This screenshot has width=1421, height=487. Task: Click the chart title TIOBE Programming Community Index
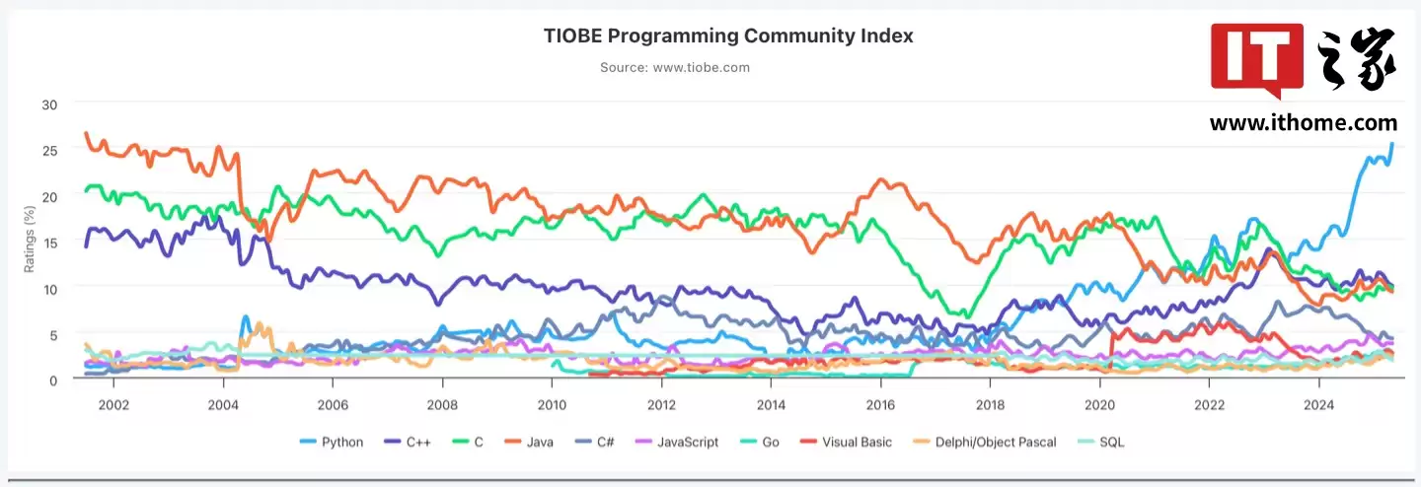coord(728,35)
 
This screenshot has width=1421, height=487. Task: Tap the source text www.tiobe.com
coord(675,67)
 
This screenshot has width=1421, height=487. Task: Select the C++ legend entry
coord(416,442)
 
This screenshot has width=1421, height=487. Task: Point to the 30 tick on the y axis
coord(49,104)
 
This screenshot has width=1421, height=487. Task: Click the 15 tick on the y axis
coord(49,242)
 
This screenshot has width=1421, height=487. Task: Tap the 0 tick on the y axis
coord(53,380)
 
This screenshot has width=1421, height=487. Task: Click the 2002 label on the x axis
coord(113,405)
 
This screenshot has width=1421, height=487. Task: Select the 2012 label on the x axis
coord(661,405)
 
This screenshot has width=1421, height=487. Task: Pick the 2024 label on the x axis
coord(1319,405)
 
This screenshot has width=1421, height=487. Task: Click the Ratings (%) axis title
coord(29,241)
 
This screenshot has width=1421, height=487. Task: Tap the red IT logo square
coord(1257,58)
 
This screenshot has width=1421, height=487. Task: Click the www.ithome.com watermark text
coord(1304,123)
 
